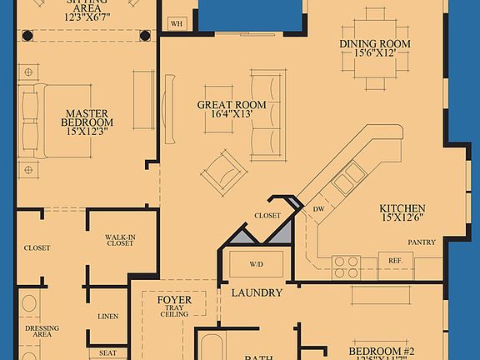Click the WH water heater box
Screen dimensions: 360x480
[x=176, y=24]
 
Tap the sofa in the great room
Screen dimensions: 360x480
[x=267, y=116]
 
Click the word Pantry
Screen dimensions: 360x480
[x=422, y=242]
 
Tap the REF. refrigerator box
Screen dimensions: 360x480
[x=395, y=260]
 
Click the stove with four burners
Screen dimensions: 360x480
[x=347, y=266]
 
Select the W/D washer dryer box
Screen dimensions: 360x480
[x=257, y=266]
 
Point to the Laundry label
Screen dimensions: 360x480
[x=257, y=292]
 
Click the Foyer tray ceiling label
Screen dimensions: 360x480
[x=174, y=306]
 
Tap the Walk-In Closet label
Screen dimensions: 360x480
[x=120, y=241]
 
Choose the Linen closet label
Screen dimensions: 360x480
[x=107, y=316]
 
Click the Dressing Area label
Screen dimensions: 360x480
[x=42, y=332]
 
